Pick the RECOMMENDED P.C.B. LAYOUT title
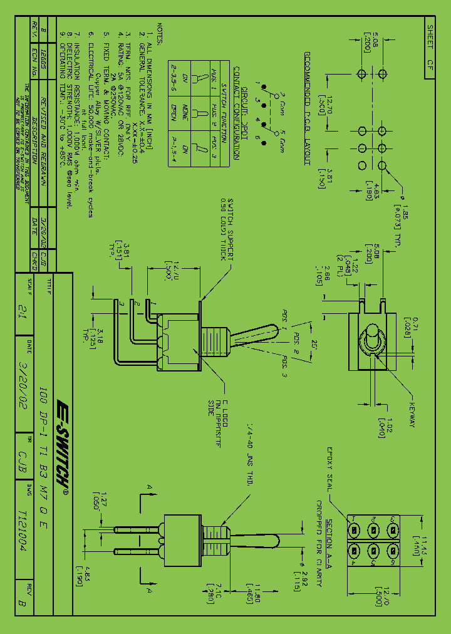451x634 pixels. (308, 108)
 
